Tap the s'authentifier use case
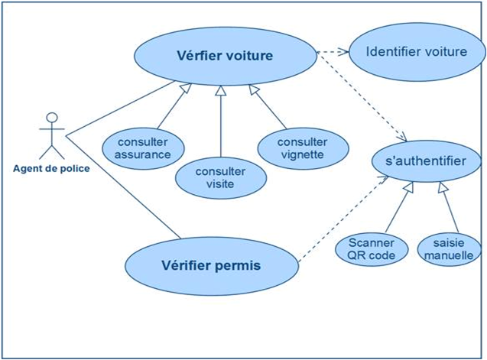(427, 161)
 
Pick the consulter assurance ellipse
(141, 148)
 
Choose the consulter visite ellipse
(220, 177)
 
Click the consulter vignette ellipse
(301, 148)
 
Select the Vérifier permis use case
(211, 265)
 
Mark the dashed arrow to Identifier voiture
(333, 52)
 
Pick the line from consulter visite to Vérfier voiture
(220, 122)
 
